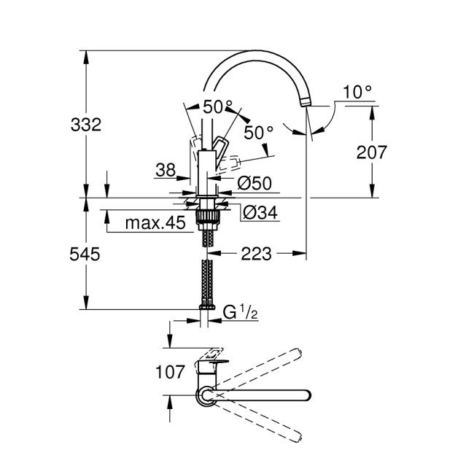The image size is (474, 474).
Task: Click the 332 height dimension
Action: pyautogui.click(x=87, y=124)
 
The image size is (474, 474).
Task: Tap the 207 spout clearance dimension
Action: pyautogui.click(x=372, y=152)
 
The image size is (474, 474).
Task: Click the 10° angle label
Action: pyautogui.click(x=357, y=92)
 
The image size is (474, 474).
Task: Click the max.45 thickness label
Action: pyautogui.click(x=155, y=222)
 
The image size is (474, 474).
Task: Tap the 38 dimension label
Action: pyautogui.click(x=166, y=170)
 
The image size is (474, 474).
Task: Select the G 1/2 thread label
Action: pyautogui.click(x=239, y=313)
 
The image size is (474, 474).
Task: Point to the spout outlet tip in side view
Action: pyautogui.click(x=306, y=103)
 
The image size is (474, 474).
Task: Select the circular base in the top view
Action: pyautogui.click(x=206, y=395)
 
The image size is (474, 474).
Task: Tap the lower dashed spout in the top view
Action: pyautogui.click(x=263, y=421)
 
